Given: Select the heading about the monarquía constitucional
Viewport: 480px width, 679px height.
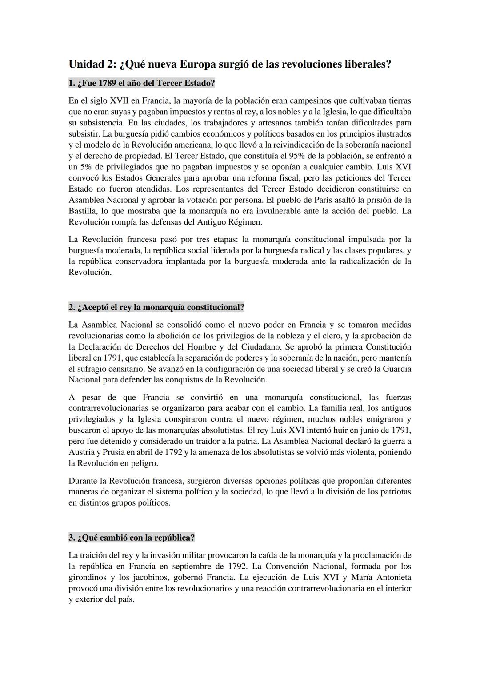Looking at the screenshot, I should (x=156, y=307).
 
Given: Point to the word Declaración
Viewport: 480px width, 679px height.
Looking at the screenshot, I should (x=104, y=347).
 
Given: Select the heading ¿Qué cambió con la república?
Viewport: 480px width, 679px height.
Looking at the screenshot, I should (x=132, y=538).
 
